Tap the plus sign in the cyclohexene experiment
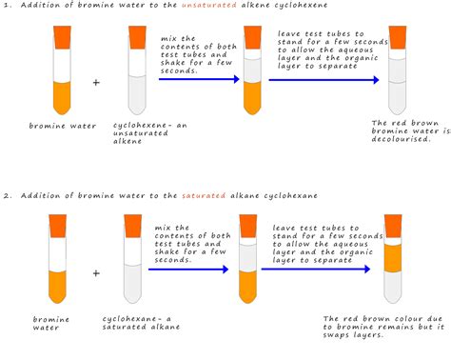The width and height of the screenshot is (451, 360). [95, 84]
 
